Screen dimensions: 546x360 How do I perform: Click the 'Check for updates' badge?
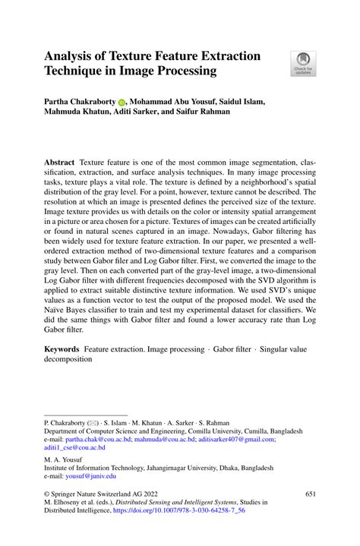pos(303,63)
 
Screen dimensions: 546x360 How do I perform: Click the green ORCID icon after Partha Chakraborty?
pos(122,102)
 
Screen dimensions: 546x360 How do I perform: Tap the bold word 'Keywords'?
pos(62,346)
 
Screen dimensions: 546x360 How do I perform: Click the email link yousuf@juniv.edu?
pos(92,476)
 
